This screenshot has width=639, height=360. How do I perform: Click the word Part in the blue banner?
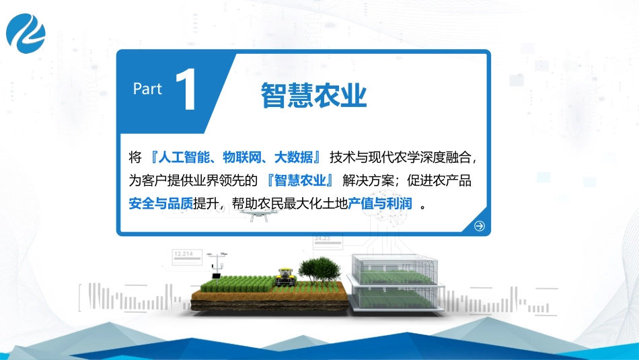click(147, 89)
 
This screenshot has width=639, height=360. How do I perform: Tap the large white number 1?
click(186, 92)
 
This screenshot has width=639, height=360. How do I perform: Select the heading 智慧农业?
click(314, 96)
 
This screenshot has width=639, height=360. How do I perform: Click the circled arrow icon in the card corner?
click(479, 226)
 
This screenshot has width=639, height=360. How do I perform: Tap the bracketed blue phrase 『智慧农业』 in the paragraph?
click(301, 180)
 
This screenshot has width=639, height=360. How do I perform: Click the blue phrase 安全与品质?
click(160, 203)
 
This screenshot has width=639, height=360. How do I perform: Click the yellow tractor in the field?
click(285, 276)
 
